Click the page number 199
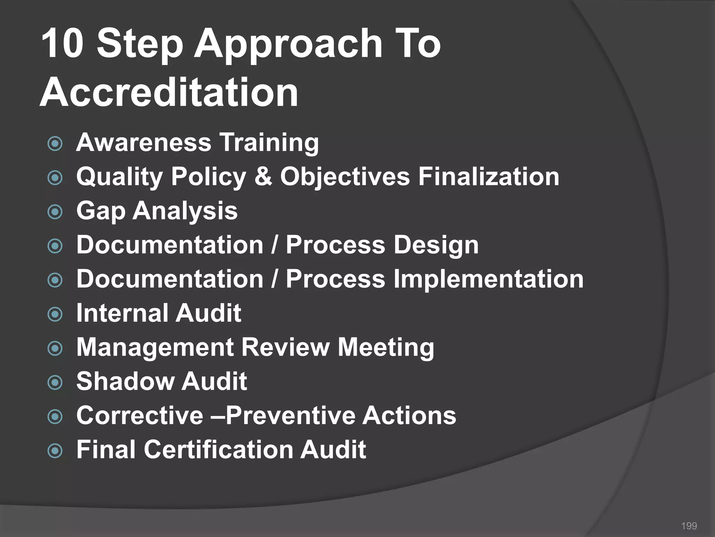[689, 526]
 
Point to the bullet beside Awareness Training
[55, 144]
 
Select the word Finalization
[489, 176]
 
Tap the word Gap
[101, 211]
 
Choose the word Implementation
[488, 279]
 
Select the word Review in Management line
[285, 347]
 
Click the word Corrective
[140, 415]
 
